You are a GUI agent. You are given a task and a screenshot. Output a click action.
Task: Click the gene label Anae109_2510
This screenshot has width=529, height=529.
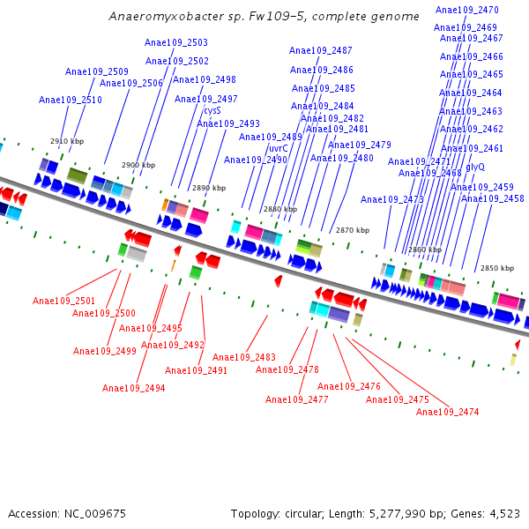tap(71, 101)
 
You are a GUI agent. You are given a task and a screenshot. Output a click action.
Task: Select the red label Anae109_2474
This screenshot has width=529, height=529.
tap(448, 412)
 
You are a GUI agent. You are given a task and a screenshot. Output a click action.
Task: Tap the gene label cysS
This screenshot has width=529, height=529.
tap(212, 111)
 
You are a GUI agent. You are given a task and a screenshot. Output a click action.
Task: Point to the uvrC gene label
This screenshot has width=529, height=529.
tap(278, 148)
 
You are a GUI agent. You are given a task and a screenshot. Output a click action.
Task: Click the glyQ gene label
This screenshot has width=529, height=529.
tap(475, 167)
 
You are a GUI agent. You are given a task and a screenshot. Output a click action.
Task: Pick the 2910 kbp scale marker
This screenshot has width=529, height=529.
tap(67, 141)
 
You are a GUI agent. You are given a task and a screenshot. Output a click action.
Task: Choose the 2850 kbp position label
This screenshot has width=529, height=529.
tap(497, 268)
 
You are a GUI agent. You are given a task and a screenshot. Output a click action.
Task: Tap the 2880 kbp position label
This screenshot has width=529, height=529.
tap(280, 209)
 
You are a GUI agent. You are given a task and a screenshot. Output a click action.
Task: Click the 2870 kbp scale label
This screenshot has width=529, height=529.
tap(353, 230)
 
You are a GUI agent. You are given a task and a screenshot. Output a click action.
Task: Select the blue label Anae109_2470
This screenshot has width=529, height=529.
tap(467, 10)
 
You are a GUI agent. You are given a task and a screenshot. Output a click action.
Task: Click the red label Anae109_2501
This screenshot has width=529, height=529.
tap(64, 301)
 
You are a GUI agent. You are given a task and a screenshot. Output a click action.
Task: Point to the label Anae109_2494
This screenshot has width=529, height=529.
tap(134, 388)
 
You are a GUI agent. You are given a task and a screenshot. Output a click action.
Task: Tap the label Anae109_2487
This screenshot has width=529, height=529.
tap(321, 50)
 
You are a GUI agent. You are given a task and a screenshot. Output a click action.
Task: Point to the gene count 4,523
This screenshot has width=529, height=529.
tap(502, 513)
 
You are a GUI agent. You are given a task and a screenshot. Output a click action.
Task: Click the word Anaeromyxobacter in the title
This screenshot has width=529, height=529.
tap(157, 17)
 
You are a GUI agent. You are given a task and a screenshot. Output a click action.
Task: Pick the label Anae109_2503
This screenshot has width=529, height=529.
tap(176, 42)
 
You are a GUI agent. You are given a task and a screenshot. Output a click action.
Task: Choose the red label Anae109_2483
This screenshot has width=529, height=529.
tap(244, 357)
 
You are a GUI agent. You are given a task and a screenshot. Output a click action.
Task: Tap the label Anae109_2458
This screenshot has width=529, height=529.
tap(493, 198)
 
